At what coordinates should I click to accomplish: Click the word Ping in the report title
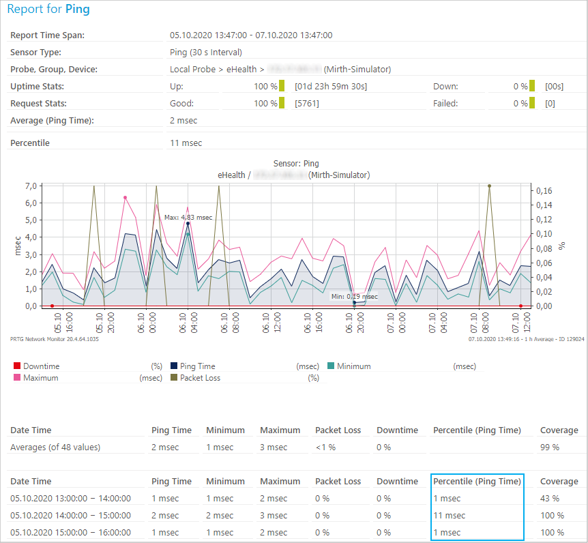click(x=77, y=10)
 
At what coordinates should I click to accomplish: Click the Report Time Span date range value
click(x=250, y=35)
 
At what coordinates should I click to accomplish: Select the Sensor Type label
click(x=35, y=53)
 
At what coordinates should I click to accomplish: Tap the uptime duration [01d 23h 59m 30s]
click(x=331, y=87)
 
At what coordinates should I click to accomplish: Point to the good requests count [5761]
click(x=306, y=104)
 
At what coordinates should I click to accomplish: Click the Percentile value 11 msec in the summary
click(x=186, y=143)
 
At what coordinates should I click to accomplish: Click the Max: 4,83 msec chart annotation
click(x=188, y=218)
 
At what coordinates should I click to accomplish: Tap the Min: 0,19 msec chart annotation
click(x=354, y=297)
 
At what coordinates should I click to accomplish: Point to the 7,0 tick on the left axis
click(x=30, y=186)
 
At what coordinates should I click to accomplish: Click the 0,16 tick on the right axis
click(x=544, y=190)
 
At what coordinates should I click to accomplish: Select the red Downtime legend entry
click(x=41, y=366)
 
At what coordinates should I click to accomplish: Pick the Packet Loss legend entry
click(x=200, y=377)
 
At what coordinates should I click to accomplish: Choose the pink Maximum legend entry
click(x=40, y=377)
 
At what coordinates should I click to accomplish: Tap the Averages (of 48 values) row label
click(x=55, y=447)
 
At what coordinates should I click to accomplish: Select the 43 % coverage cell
click(x=550, y=499)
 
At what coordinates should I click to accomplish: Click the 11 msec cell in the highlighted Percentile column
click(x=450, y=516)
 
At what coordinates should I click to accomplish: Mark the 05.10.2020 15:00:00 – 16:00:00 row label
click(x=70, y=533)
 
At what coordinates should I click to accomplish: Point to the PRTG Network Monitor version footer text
click(x=55, y=338)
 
